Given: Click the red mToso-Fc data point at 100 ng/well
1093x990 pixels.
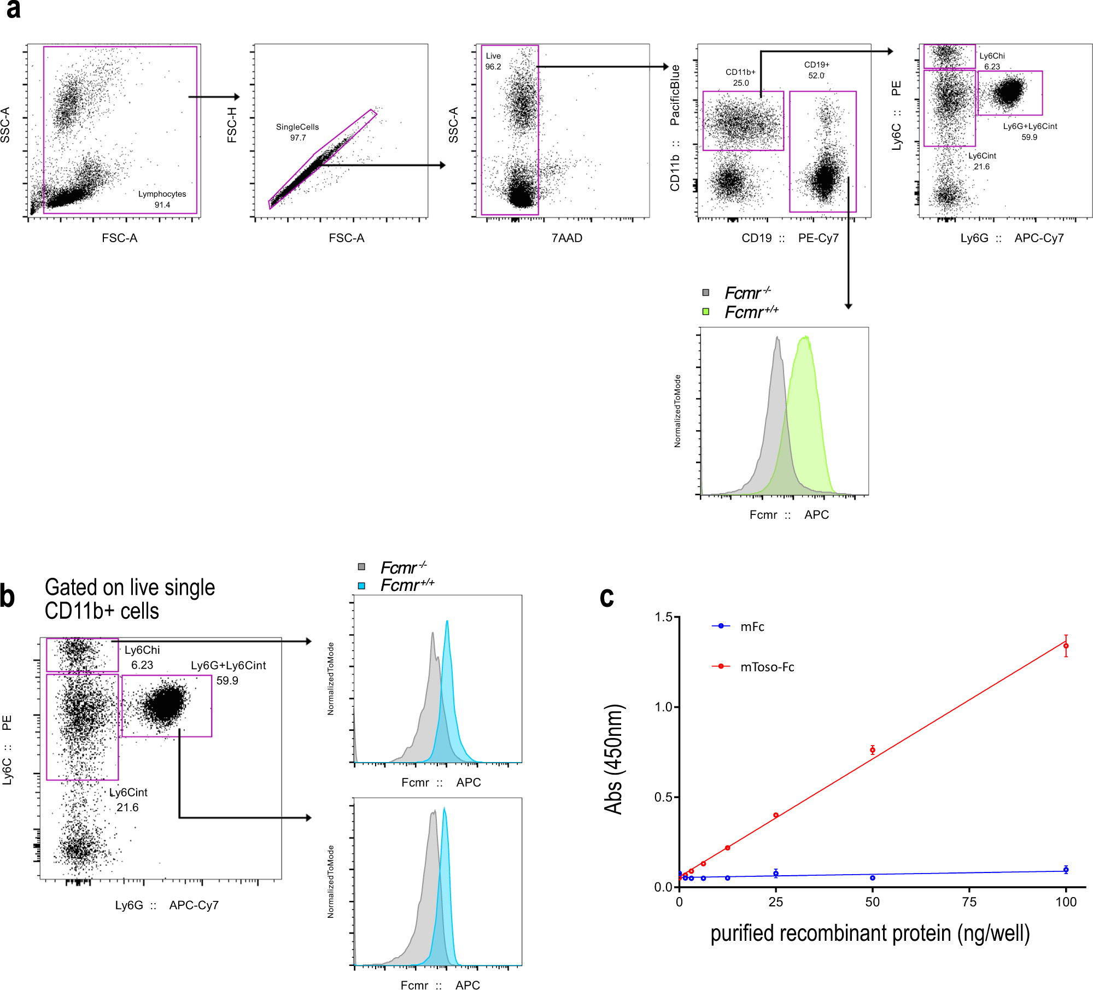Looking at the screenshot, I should [1066, 646].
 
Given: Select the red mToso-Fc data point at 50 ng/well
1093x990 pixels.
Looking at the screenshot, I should [873, 749].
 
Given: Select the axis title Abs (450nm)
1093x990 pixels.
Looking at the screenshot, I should [613, 759].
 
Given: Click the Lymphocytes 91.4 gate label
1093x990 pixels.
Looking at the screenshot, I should [162, 200].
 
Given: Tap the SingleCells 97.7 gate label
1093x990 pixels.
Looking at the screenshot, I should [297, 132].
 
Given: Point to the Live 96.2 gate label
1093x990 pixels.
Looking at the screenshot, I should [493, 61].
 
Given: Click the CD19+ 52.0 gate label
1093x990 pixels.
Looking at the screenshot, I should [816, 70].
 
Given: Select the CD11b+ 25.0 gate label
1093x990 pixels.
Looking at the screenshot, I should [740, 78].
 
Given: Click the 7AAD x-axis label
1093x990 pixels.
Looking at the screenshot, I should [566, 238].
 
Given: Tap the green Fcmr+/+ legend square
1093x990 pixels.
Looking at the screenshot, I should [706, 312].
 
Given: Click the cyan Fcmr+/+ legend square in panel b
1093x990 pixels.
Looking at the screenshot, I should [361, 585].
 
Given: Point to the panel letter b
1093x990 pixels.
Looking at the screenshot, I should [8, 596].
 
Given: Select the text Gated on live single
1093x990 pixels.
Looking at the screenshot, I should [130, 588].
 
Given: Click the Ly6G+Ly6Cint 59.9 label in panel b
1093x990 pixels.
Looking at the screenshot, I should [228, 672].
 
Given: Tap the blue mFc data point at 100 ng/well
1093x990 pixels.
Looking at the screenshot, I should [1066, 870].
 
